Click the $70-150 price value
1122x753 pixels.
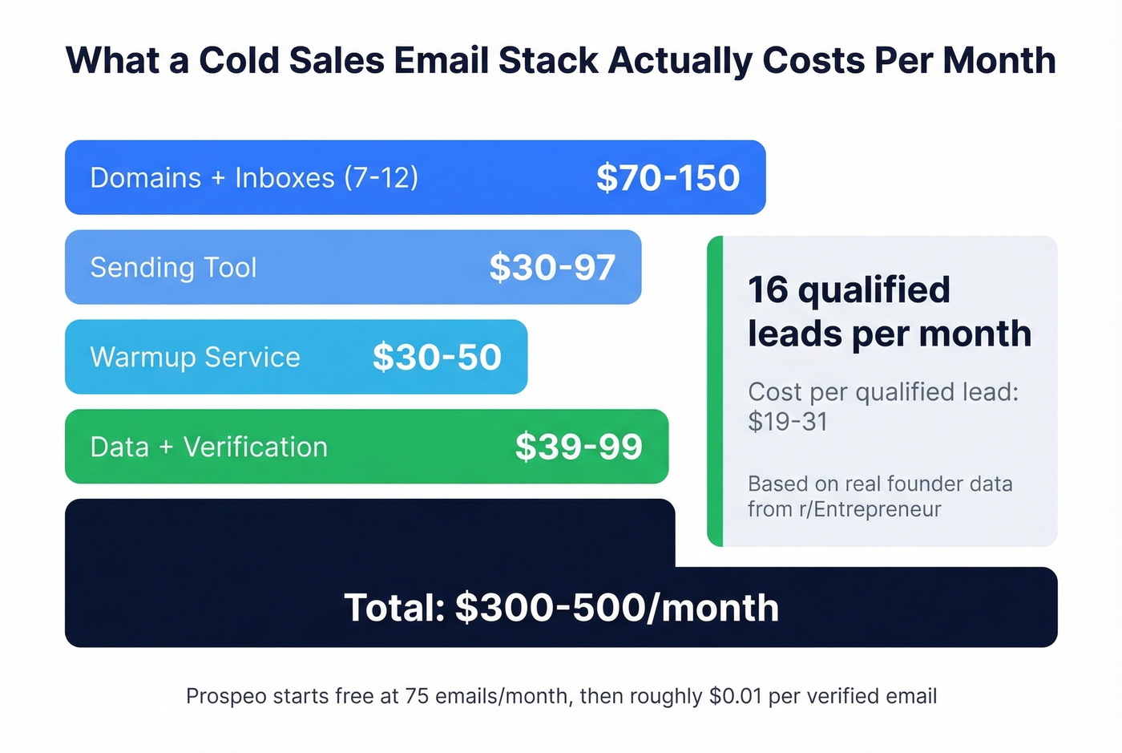click(x=668, y=178)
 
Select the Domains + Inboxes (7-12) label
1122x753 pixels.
click(x=254, y=178)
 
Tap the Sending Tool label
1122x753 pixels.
click(x=173, y=268)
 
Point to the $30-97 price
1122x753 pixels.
click(x=552, y=268)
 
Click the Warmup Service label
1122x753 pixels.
click(x=195, y=358)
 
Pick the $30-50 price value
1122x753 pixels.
click(x=437, y=358)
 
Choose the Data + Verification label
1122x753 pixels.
click(x=208, y=447)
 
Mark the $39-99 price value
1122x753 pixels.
click(x=579, y=447)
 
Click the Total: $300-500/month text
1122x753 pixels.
click(x=561, y=608)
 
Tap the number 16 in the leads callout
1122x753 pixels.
click(x=768, y=290)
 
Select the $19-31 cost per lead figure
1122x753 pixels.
click(x=788, y=422)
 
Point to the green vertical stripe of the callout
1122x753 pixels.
click(x=715, y=391)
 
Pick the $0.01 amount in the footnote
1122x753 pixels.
click(x=735, y=696)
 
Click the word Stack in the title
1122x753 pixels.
click(x=548, y=61)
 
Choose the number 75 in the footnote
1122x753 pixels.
click(x=417, y=696)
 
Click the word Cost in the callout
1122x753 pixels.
click(x=775, y=392)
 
